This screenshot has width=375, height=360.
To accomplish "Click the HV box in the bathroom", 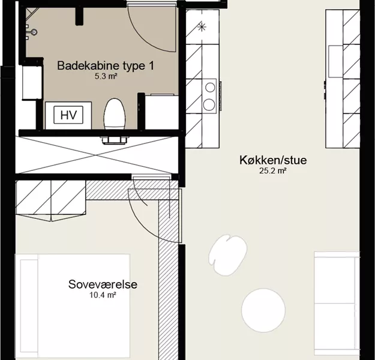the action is click(x=68, y=115).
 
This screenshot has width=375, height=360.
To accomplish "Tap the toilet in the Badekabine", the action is click(x=115, y=114).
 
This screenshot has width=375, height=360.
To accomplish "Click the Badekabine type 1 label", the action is click(x=106, y=66).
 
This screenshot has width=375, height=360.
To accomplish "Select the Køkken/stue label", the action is click(x=273, y=160).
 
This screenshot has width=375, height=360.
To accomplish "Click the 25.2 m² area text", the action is click(x=273, y=171).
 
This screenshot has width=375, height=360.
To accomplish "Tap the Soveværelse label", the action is click(x=103, y=284).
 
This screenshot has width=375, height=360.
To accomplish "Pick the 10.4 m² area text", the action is click(x=103, y=295).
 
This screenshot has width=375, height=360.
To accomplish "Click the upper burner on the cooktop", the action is click(x=210, y=88).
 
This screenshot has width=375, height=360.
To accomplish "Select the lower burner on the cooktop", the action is click(x=209, y=104).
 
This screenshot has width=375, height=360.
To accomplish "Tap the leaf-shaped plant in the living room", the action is click(x=227, y=255).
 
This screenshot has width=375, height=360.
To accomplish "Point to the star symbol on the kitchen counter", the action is click(x=202, y=27).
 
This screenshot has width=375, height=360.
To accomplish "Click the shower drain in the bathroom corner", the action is click(x=34, y=32).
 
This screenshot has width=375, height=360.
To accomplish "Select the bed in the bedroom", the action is click(x=73, y=307).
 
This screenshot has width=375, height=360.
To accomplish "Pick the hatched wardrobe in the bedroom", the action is click(x=51, y=200).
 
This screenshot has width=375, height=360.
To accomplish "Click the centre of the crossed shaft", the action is click(x=96, y=155).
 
